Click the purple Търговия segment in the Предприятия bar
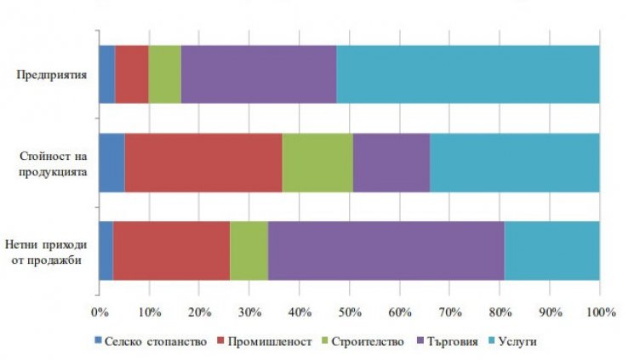coord(259,74)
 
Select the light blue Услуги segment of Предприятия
coord(467,74)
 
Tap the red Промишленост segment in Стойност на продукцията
coord(203,163)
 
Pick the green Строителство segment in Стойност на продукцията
coord(317,163)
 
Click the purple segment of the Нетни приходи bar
coord(386,250)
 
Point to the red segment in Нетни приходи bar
coord(171,250)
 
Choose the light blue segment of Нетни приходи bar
coord(551,250)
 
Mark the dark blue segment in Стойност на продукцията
coord(111,163)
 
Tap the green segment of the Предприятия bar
coord(164,74)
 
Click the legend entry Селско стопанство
coord(152,341)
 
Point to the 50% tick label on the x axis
coord(350,312)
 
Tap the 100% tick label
coord(599,312)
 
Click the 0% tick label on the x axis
coord(99,312)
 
